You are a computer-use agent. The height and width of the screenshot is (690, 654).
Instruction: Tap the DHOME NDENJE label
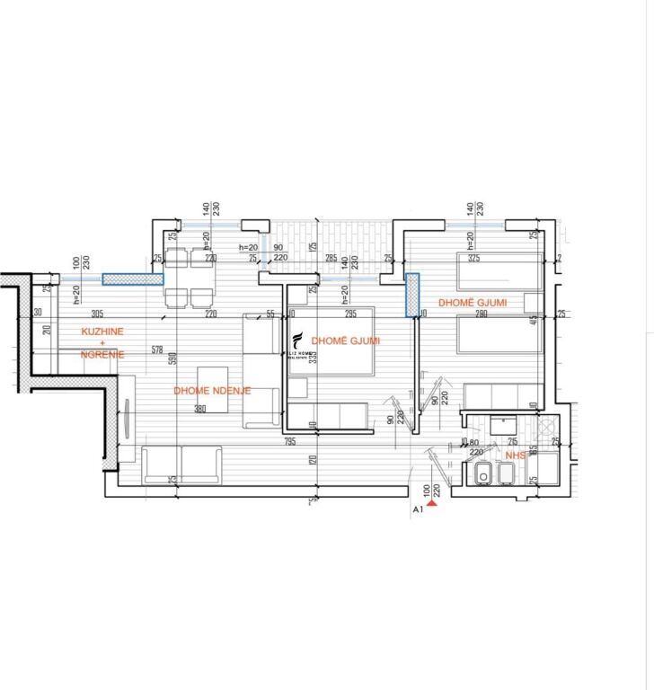(212, 391)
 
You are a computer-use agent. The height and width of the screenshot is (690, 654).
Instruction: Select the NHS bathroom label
(515, 456)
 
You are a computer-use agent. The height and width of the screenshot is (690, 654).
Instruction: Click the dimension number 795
(290, 441)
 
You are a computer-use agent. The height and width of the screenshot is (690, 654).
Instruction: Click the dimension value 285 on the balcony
(331, 259)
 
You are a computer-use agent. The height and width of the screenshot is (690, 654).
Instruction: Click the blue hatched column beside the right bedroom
(412, 295)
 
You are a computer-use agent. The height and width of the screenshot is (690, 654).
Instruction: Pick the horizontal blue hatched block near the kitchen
(131, 279)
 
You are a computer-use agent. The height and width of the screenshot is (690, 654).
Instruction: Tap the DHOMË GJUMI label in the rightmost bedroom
(472, 304)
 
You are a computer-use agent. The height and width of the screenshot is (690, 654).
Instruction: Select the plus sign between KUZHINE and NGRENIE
(102, 343)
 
